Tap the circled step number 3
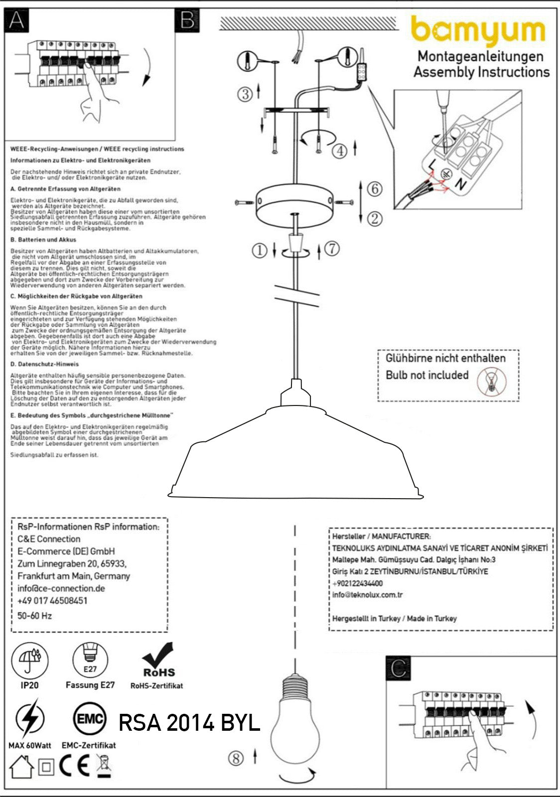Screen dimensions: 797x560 (245, 94)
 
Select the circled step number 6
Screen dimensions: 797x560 (375, 189)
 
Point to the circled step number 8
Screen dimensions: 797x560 (236, 758)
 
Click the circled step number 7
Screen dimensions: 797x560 (332, 248)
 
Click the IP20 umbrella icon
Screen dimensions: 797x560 (29, 660)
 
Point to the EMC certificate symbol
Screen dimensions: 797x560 (90, 719)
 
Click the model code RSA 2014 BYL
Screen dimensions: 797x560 (189, 723)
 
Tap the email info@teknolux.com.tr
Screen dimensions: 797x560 (368, 595)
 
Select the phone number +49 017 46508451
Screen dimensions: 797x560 (52, 601)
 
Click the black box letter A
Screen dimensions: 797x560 (16, 20)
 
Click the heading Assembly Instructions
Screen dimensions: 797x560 (481, 72)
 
